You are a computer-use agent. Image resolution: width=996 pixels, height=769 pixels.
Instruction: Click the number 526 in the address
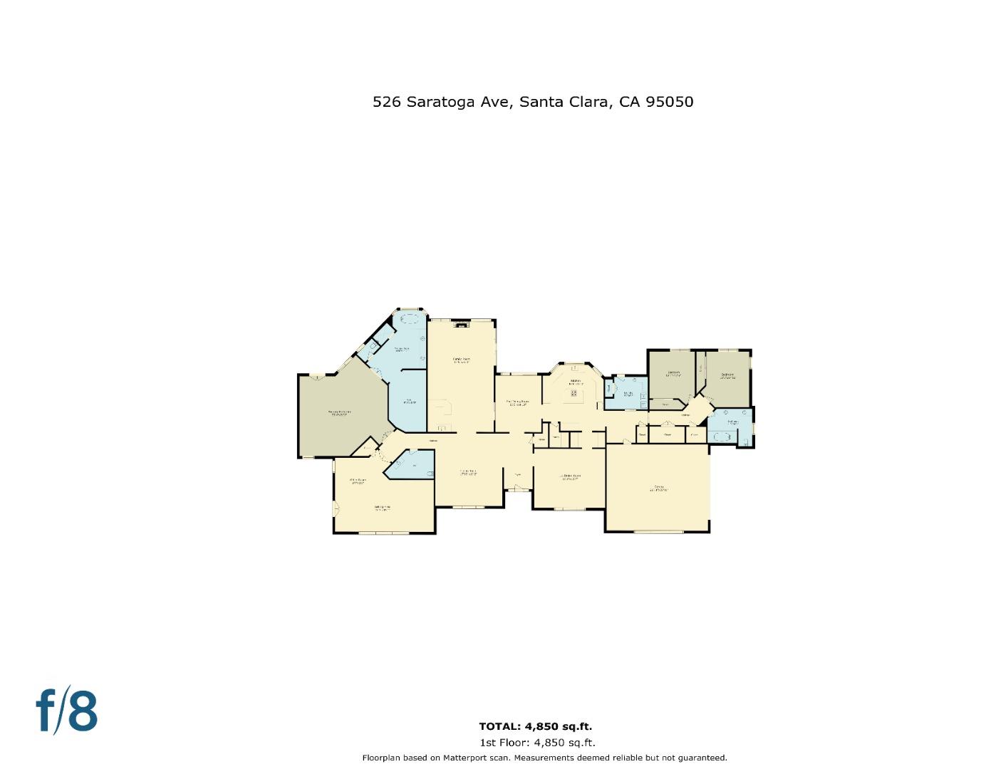click(386, 102)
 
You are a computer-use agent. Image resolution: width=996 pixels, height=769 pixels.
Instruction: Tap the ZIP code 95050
click(669, 102)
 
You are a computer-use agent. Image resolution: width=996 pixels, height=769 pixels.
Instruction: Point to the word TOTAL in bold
click(499, 726)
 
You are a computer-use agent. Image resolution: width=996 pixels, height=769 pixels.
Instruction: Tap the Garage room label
click(658, 488)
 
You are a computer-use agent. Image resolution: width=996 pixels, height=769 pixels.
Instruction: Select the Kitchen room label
click(574, 382)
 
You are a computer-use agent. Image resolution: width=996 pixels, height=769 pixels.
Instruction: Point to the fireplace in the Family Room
click(462, 324)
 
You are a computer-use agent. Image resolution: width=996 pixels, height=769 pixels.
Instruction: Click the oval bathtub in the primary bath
click(409, 318)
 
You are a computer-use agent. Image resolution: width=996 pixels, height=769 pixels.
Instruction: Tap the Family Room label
click(461, 359)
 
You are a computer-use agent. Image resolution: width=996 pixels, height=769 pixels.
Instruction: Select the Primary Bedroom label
click(338, 412)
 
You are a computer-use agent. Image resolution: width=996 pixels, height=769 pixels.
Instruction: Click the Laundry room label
click(628, 393)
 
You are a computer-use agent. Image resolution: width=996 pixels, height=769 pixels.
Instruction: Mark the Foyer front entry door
click(518, 488)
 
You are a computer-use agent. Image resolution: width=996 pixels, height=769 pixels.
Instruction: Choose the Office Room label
click(357, 481)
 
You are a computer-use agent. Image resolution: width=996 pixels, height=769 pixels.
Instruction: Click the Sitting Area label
click(383, 508)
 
